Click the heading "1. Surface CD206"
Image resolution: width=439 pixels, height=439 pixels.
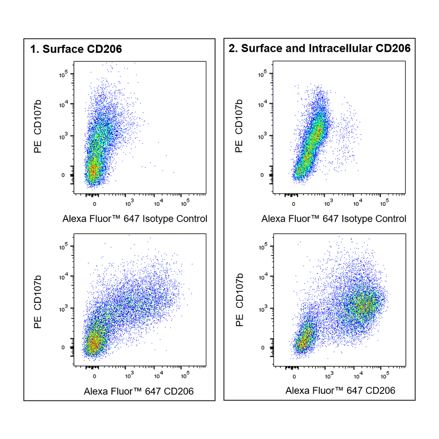76,49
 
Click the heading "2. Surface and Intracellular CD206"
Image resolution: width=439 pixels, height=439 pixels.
319,48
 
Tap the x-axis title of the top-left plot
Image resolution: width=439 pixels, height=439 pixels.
135,219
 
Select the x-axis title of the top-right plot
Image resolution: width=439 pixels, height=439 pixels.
334,219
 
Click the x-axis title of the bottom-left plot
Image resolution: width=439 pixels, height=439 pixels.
138,391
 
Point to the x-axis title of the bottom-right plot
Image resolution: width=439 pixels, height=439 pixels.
340,391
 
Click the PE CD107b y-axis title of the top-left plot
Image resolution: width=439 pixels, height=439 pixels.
38,126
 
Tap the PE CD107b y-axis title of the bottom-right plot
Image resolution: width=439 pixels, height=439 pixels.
239,300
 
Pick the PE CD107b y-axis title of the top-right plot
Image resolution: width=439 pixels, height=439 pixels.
238,126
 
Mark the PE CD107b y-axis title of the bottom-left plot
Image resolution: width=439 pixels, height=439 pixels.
38,302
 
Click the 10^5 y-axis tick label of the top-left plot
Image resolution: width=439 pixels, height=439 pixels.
63,74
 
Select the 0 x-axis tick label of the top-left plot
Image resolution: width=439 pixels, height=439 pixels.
95,204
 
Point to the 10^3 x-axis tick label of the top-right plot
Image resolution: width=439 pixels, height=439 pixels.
329,203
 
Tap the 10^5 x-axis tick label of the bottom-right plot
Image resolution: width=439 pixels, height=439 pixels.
385,376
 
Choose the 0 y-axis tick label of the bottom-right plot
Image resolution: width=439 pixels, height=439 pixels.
263,348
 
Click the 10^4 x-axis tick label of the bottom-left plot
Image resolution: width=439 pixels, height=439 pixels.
159,376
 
